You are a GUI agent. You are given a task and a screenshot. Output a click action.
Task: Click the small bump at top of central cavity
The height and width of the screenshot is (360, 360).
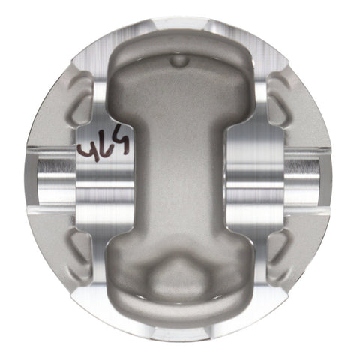(x=178, y=59)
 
